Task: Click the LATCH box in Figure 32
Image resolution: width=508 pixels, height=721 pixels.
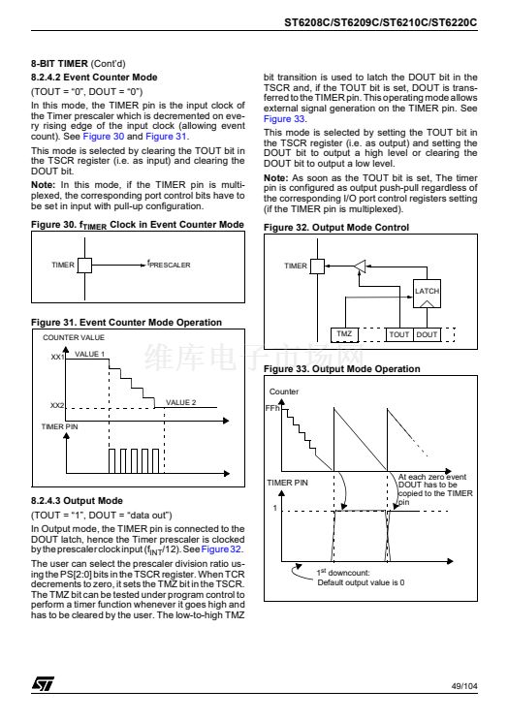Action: click(427, 294)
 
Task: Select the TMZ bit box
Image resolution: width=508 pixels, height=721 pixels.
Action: click(345, 334)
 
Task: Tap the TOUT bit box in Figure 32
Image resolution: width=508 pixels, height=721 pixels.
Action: click(399, 334)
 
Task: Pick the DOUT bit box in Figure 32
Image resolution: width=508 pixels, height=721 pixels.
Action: click(427, 334)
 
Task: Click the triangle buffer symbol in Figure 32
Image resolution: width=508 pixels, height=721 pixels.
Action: click(361, 266)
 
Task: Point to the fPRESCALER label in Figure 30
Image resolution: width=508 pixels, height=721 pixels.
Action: click(169, 265)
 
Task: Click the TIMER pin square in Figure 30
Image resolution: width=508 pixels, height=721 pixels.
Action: click(84, 266)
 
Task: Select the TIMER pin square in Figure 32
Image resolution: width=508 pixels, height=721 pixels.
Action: click(318, 266)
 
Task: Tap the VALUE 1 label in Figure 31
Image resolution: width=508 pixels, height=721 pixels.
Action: click(90, 354)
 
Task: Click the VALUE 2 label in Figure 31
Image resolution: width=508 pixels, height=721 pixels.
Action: click(181, 402)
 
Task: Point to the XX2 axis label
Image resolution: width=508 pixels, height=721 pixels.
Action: click(57, 405)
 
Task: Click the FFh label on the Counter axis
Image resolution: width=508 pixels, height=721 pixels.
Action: click(272, 408)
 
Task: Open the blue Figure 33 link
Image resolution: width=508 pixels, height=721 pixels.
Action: click(284, 118)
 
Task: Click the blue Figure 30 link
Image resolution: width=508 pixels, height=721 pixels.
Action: click(104, 136)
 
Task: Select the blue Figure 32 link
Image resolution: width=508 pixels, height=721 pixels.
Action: click(221, 549)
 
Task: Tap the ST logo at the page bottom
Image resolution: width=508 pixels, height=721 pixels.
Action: click(43, 684)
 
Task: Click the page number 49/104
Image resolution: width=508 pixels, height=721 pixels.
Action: click(464, 686)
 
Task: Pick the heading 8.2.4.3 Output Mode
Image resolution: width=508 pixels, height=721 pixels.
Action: click(77, 501)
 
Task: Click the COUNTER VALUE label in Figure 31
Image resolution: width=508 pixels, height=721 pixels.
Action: click(74, 337)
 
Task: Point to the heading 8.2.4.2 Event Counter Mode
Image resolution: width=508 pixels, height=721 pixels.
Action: click(94, 78)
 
